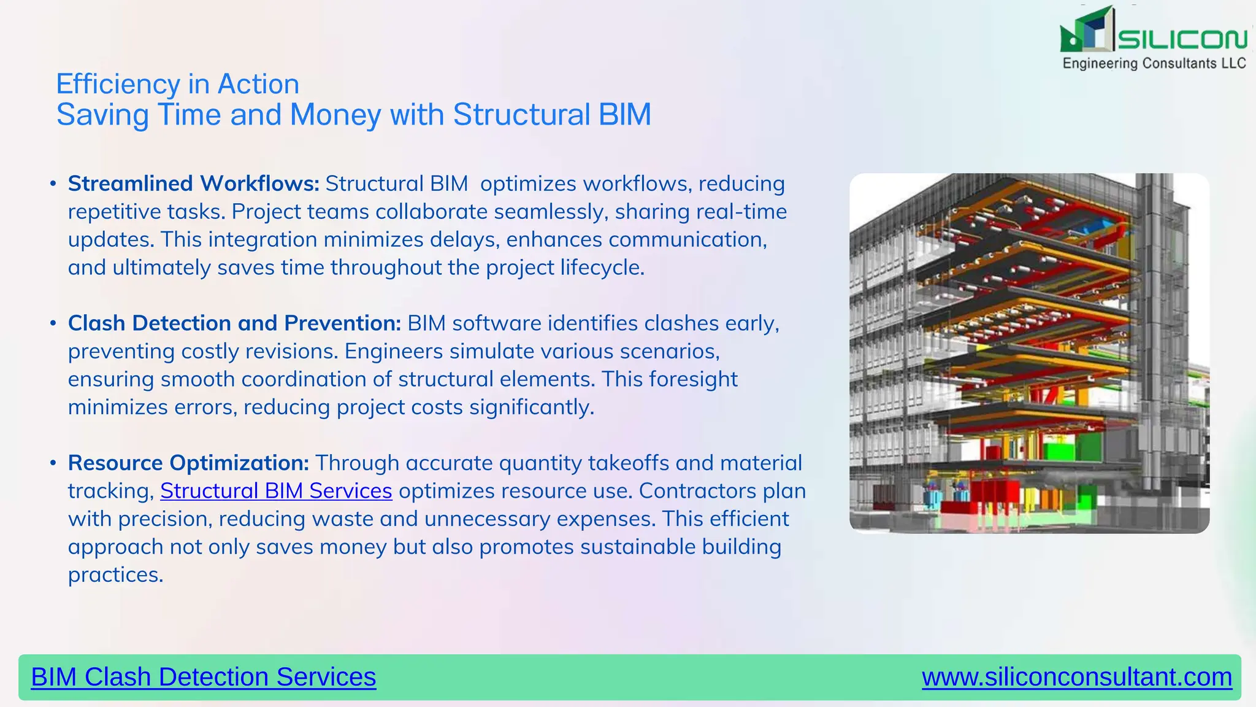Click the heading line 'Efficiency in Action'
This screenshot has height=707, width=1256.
click(177, 84)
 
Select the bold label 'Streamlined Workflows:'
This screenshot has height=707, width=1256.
click(193, 184)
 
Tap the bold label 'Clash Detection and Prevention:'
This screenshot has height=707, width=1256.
click(234, 323)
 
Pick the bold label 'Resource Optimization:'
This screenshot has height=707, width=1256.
click(188, 463)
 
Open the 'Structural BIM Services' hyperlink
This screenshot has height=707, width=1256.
click(276, 491)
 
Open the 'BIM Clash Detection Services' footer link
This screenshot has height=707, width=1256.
click(203, 677)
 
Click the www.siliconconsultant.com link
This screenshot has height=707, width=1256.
click(1077, 677)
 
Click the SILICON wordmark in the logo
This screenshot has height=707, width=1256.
click(1182, 39)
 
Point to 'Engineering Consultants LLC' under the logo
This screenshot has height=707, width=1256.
click(1154, 63)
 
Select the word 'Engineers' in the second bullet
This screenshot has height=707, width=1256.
click(393, 351)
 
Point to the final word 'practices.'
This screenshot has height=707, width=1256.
click(115, 574)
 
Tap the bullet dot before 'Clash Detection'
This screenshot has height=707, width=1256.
click(53, 323)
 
